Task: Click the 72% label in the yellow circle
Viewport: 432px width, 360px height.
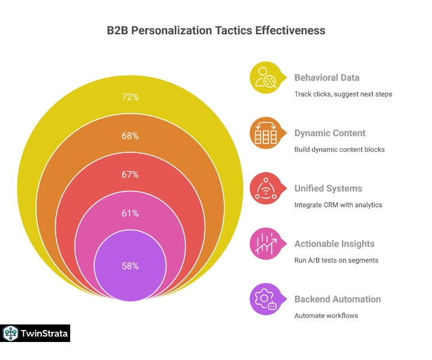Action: [x=130, y=97]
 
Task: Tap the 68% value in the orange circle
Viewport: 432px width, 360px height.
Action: [x=130, y=136]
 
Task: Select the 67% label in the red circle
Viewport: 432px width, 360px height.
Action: [x=130, y=175]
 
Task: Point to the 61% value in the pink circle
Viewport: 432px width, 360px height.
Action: [x=130, y=213]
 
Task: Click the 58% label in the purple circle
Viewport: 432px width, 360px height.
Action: [x=130, y=266]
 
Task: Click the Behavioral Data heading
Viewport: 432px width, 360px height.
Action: [x=327, y=77]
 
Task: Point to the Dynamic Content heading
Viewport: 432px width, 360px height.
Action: [x=329, y=133]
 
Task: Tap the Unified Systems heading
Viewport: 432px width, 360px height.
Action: [x=328, y=188]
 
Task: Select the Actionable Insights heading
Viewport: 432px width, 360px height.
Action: [x=334, y=244]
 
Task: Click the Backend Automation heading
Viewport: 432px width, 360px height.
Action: [x=337, y=299]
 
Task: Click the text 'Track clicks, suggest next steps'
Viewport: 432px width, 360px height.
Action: [x=343, y=94]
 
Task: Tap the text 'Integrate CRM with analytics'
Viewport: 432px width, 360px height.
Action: [x=338, y=205]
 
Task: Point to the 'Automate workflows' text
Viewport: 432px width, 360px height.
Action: [x=326, y=316]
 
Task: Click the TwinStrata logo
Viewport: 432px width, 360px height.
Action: [x=36, y=333]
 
